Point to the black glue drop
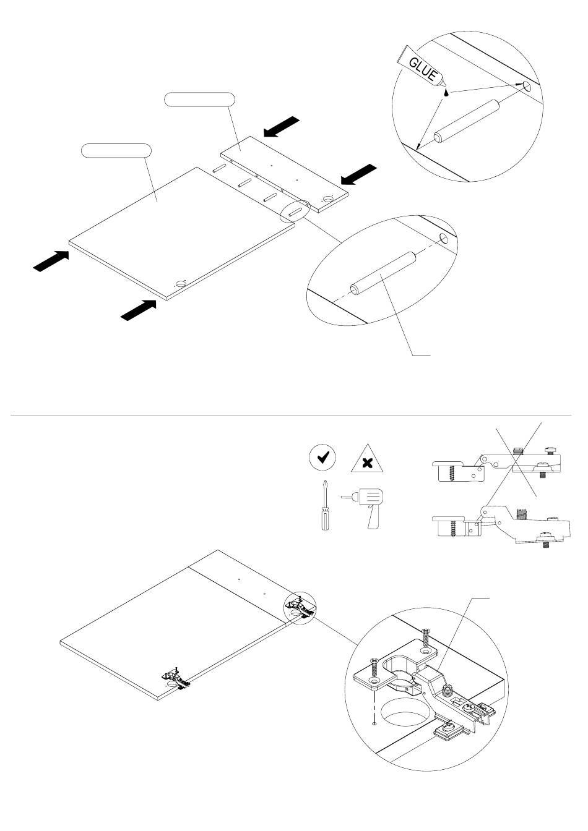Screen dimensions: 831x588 click(x=446, y=93)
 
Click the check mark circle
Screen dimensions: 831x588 click(x=322, y=458)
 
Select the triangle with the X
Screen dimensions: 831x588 click(x=366, y=460)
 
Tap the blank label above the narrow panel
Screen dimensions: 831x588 click(x=199, y=99)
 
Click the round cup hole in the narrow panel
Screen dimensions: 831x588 click(x=328, y=198)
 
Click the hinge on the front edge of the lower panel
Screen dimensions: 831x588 click(x=175, y=679)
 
